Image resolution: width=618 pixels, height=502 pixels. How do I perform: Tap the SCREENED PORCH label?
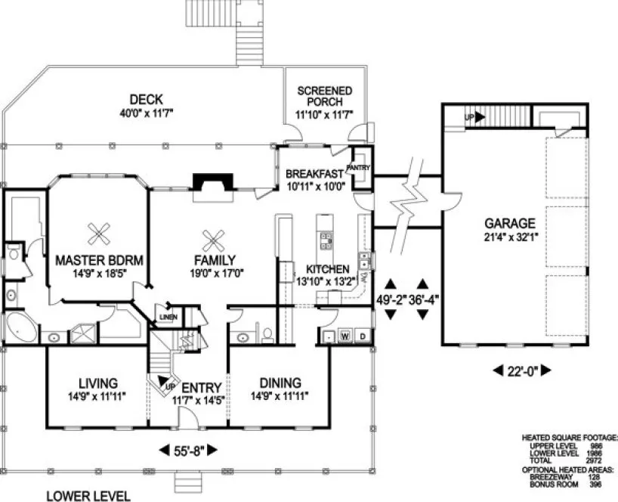point(324,96)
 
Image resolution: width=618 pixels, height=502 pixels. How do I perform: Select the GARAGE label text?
point(511,224)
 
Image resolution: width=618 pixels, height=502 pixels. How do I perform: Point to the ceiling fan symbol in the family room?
point(215,240)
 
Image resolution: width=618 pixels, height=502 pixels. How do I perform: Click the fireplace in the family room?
point(209,184)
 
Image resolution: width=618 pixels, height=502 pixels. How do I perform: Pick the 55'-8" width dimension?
point(190,451)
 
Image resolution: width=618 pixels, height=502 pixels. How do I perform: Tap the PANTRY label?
point(357,168)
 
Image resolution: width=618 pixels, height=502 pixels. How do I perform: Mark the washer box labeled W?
point(345,335)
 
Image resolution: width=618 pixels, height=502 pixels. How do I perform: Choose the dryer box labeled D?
point(362,335)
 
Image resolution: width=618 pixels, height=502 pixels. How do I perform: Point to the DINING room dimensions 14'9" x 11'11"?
point(280,395)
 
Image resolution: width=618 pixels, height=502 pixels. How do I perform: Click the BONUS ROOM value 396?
point(595,483)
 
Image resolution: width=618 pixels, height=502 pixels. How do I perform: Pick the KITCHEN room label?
point(327,269)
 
